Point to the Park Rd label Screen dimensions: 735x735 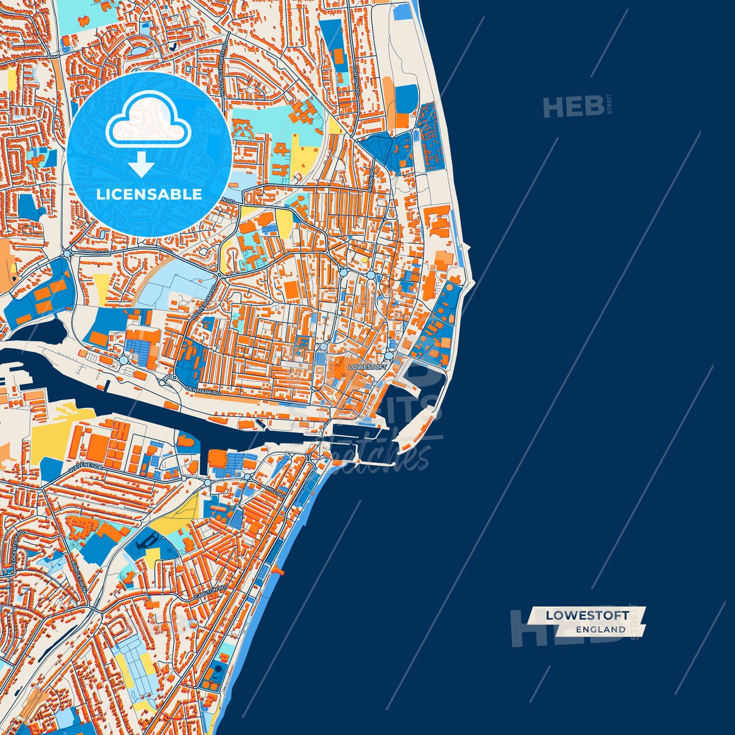tap(372, 179)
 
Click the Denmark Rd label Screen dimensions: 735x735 tap(203, 390)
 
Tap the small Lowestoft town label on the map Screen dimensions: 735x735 tap(367, 367)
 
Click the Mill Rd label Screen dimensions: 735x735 tap(276, 491)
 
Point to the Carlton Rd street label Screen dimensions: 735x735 tap(210, 593)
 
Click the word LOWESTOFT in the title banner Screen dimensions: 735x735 tap(587, 615)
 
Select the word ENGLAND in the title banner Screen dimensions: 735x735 tap(600, 630)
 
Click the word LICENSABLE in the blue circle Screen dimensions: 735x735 tap(149, 194)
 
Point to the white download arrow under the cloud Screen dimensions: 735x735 tap(141, 164)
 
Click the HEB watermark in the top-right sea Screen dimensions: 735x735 tap(573, 106)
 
